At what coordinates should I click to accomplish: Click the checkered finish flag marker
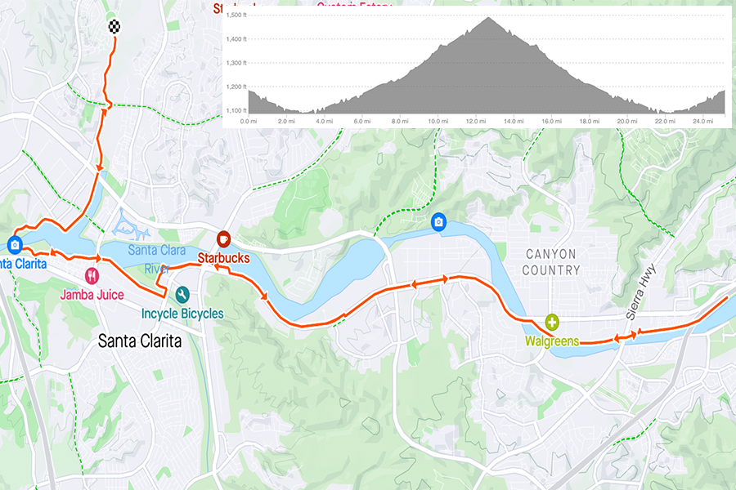115,25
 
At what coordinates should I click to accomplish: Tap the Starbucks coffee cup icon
222,238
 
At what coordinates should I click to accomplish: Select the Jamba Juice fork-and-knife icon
92,276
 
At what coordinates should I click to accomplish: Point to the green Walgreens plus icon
553,323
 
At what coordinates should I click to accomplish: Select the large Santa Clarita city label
140,341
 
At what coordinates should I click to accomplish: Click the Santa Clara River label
157,258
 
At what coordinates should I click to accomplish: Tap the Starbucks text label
224,258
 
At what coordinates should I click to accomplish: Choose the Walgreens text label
553,341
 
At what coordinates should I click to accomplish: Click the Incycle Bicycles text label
182,314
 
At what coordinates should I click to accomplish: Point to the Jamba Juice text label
92,294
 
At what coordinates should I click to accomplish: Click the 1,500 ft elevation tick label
236,16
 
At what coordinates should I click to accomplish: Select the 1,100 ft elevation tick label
236,111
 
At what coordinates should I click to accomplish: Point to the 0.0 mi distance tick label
249,121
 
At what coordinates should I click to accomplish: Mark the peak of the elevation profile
489,17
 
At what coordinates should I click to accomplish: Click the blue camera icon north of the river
438,221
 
